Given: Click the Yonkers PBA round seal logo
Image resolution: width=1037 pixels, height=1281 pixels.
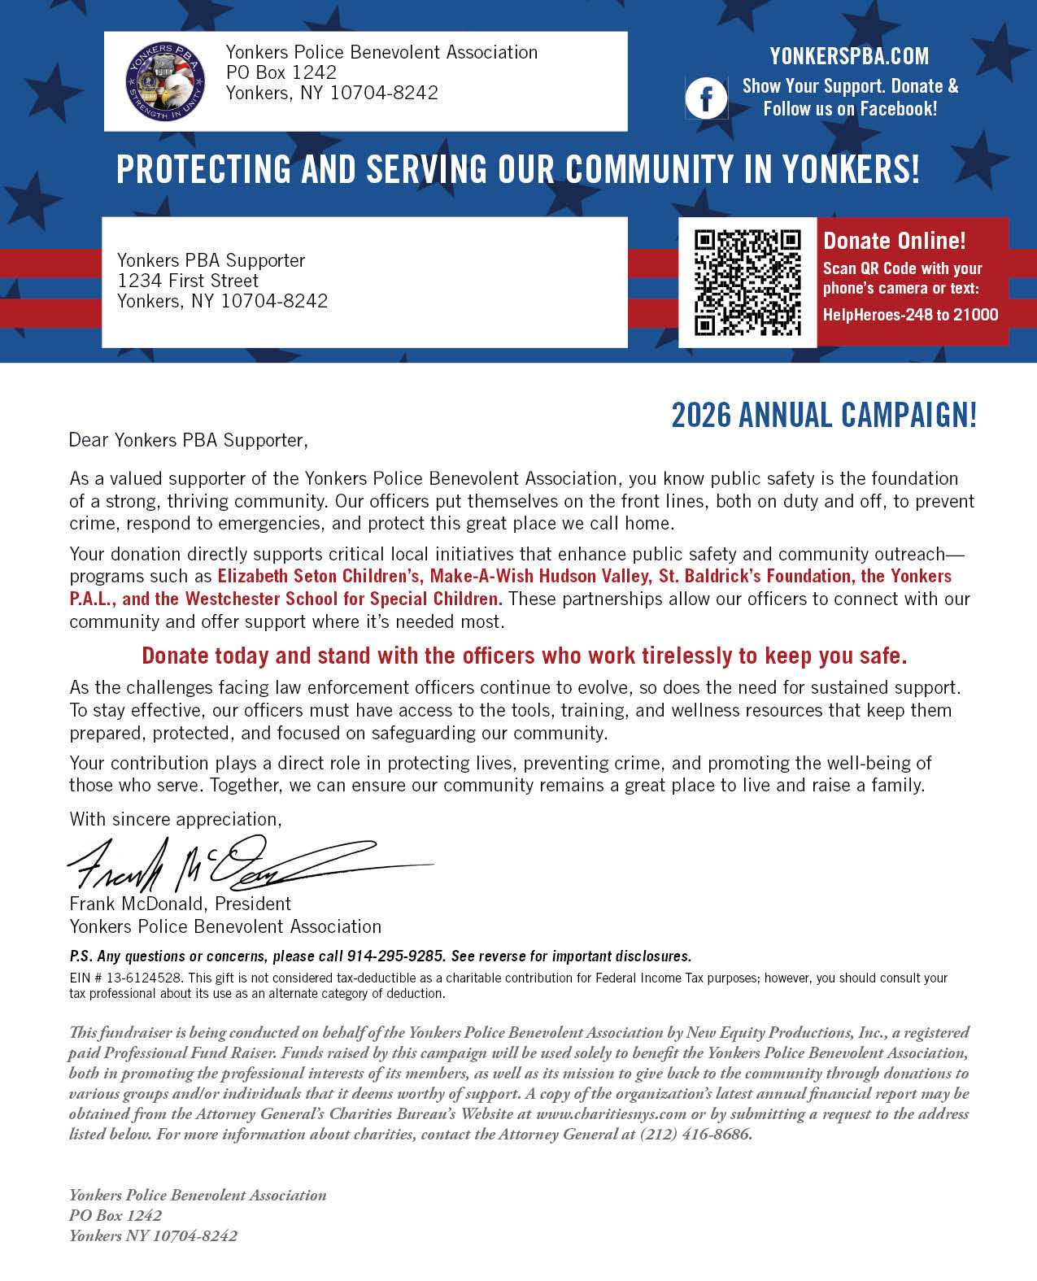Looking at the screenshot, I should pyautogui.click(x=166, y=81).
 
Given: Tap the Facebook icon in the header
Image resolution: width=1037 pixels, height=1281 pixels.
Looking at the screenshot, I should pyautogui.click(x=705, y=98).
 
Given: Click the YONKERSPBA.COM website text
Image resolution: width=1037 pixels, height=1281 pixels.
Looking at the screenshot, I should pyautogui.click(x=849, y=56).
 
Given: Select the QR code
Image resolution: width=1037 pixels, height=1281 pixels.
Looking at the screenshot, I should pyautogui.click(x=747, y=282).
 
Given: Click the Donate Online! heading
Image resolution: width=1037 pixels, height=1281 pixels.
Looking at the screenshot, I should pyautogui.click(x=894, y=241).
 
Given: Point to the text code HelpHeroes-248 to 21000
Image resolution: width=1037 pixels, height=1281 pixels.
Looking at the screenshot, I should pyautogui.click(x=910, y=315).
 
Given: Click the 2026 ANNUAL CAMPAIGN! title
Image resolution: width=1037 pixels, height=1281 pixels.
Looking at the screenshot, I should pyautogui.click(x=823, y=416).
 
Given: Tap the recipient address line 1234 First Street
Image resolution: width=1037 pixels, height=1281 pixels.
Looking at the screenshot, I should pyautogui.click(x=188, y=281).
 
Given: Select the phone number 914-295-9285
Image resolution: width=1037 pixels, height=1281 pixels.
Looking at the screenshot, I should pyautogui.click(x=395, y=956).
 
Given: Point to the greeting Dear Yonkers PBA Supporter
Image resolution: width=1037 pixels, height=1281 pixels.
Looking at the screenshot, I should pyautogui.click(x=188, y=440).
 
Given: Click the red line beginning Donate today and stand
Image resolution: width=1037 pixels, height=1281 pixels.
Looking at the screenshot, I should pyautogui.click(x=524, y=656).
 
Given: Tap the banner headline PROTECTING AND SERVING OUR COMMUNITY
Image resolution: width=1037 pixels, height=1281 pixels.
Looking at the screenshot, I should pyautogui.click(x=517, y=170).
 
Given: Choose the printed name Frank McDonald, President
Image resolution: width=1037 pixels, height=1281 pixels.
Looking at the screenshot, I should pyautogui.click(x=180, y=904).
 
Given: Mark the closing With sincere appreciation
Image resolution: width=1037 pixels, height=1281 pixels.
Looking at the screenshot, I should pyautogui.click(x=176, y=819).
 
